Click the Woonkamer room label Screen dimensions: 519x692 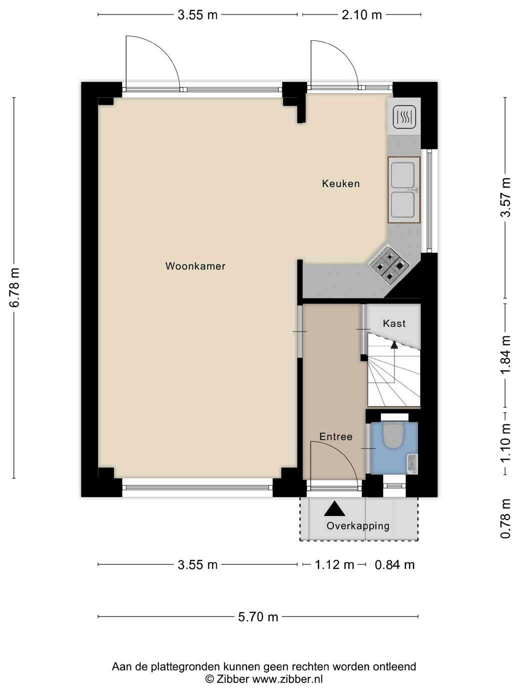pyautogui.click(x=195, y=266)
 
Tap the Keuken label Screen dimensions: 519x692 pyautogui.click(x=340, y=183)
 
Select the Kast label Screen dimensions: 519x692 pyautogui.click(x=394, y=323)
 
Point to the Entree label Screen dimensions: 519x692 pyautogui.click(x=336, y=436)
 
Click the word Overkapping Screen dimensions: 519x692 pyautogui.click(x=358, y=526)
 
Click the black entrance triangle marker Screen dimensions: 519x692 pyautogui.click(x=334, y=508)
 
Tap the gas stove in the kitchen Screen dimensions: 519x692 pyautogui.click(x=390, y=266)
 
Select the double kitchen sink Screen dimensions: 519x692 pyautogui.click(x=404, y=190)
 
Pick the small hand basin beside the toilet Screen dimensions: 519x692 pyautogui.click(x=412, y=464)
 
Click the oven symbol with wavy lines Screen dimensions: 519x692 pyautogui.click(x=404, y=116)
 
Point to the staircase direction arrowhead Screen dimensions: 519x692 pyautogui.click(x=394, y=344)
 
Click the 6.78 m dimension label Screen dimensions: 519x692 pyautogui.click(x=14, y=287)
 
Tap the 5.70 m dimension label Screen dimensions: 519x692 pyautogui.click(x=258, y=617)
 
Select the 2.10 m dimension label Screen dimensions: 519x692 pyautogui.click(x=362, y=15)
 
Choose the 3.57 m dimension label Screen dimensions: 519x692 pyautogui.click(x=505, y=197)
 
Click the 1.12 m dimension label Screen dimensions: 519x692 pyautogui.click(x=334, y=564)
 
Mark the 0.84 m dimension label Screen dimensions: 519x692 pyautogui.click(x=394, y=564)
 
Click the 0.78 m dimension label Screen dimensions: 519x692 pyautogui.click(x=505, y=518)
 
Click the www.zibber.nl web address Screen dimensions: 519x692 pyautogui.click(x=287, y=679)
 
